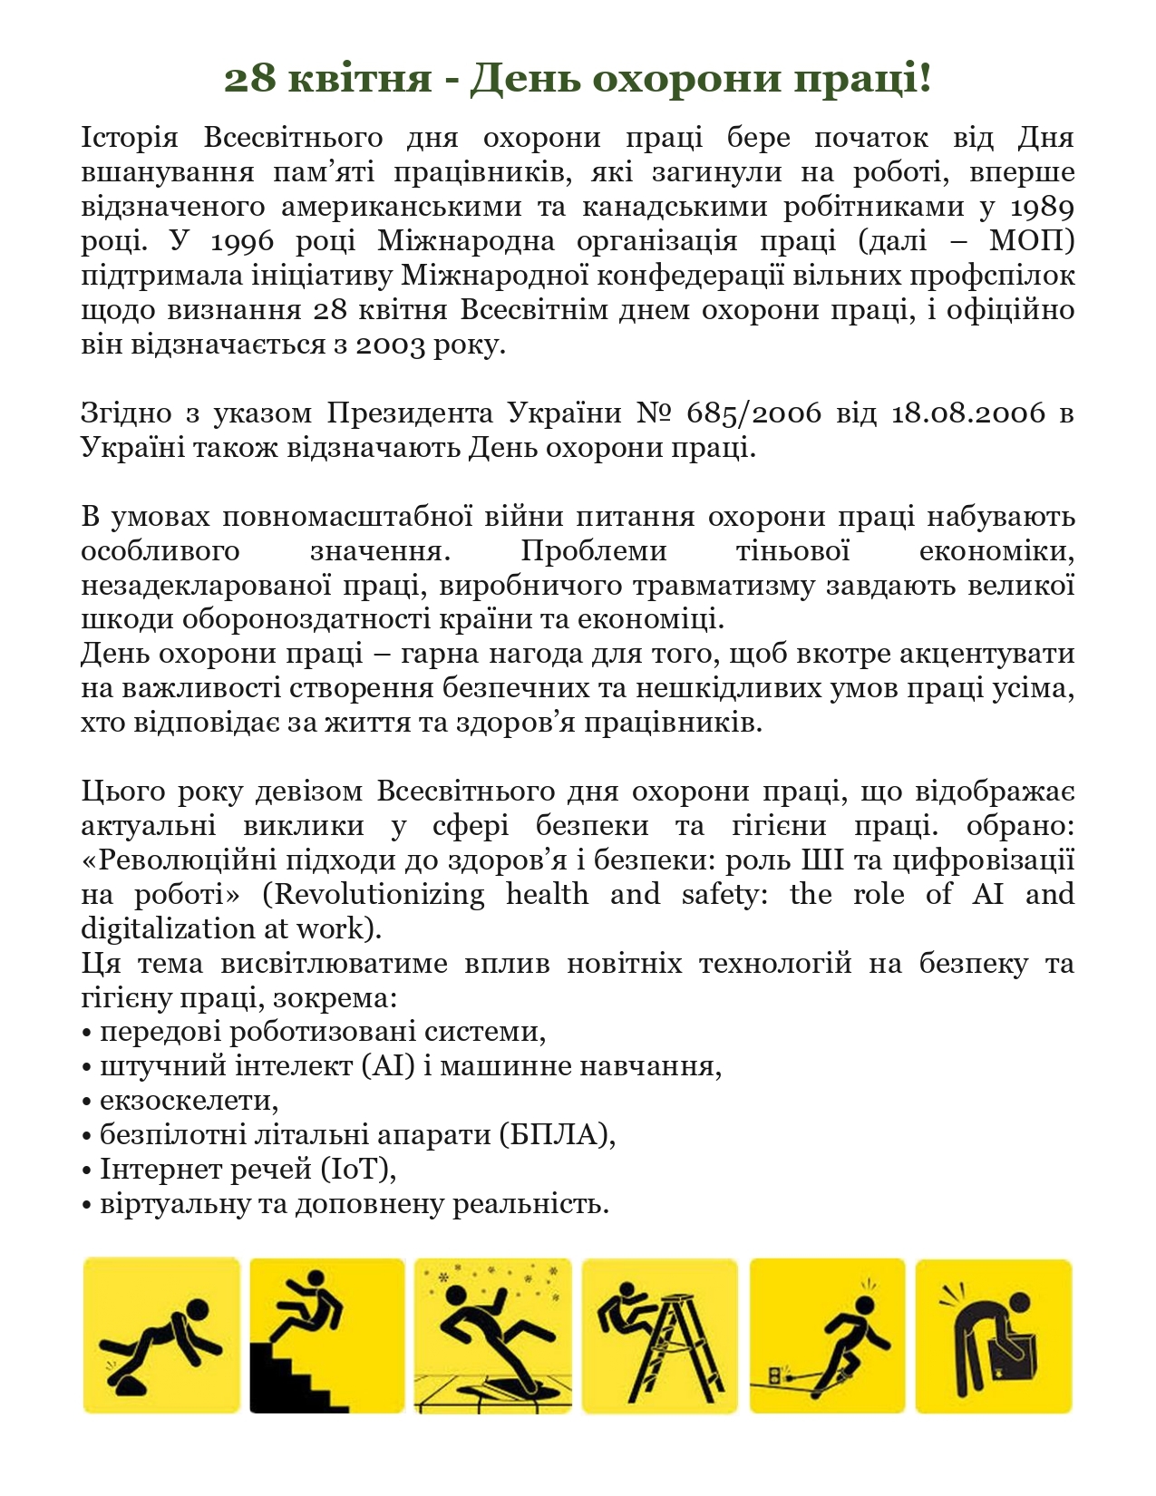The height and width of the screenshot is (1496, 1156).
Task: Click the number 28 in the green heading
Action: (249, 79)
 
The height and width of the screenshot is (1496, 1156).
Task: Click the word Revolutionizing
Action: (379, 895)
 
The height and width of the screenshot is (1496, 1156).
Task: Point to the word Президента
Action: (410, 413)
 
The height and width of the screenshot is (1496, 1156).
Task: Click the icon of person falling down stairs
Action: (326, 1335)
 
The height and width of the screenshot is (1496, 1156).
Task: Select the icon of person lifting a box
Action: (993, 1335)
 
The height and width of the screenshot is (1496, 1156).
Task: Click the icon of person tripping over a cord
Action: (827, 1335)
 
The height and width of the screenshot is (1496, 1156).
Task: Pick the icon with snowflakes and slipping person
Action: (492, 1335)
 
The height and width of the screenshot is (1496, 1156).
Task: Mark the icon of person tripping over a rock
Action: (161, 1335)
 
